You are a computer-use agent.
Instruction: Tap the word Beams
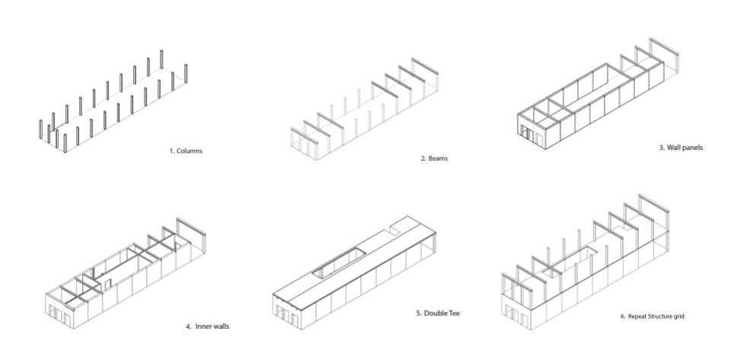pos(439,159)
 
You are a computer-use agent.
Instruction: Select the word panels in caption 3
pos(692,148)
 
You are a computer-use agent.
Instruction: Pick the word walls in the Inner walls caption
pos(221,327)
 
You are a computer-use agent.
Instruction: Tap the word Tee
pos(455,313)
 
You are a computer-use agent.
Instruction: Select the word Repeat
pos(637,316)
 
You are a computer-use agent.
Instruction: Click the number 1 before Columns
pos(171,151)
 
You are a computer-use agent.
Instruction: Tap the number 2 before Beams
pos(423,159)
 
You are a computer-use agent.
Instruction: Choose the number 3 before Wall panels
pos(660,148)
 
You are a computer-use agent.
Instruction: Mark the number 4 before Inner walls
pos(187,327)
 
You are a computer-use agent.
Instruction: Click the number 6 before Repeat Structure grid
pos(622,316)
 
